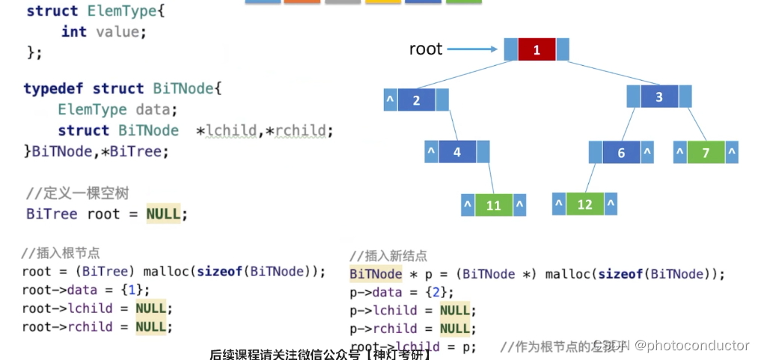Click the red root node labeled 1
(x=537, y=50)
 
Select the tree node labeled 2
(x=417, y=100)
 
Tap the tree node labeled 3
(x=658, y=97)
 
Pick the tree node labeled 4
(x=457, y=153)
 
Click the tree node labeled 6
(x=621, y=153)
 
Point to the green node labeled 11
(x=494, y=205)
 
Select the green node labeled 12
(x=584, y=204)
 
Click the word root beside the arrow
(x=426, y=49)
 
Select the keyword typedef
(x=55, y=89)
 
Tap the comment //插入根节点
(x=61, y=253)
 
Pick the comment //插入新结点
(x=388, y=256)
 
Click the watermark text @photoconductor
(x=692, y=345)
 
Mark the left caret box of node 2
(x=389, y=100)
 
